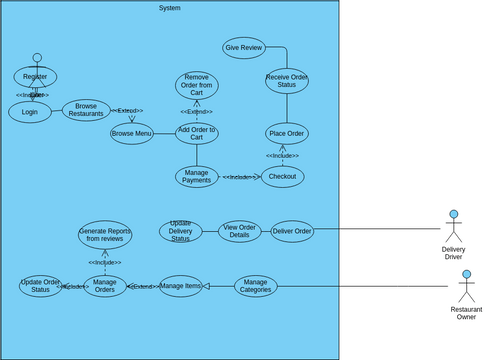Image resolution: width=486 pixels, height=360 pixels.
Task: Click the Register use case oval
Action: coord(35,77)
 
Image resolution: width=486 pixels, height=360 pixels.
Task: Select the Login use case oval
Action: coord(30,112)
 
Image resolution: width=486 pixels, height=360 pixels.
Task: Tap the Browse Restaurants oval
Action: coord(86,110)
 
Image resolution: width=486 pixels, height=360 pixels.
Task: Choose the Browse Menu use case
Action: coord(132,133)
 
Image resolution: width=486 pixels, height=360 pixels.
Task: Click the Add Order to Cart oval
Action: coord(197,133)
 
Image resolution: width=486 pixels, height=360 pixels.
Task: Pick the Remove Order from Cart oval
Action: coord(197,85)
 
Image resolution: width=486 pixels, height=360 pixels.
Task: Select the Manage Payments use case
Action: coord(197,177)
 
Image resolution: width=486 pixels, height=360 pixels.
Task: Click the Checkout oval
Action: coord(282,177)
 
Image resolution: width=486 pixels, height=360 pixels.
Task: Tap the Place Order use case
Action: coord(286,133)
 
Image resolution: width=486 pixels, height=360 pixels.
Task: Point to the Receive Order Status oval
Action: coord(287,81)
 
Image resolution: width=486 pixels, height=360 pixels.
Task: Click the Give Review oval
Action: coord(243,48)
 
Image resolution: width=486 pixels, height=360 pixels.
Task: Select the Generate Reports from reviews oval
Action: coord(105,235)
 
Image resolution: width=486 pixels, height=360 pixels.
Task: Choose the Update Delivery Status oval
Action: coord(181,231)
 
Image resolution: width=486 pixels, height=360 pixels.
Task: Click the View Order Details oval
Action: coord(239,231)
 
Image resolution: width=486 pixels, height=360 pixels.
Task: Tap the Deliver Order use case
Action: coord(292,231)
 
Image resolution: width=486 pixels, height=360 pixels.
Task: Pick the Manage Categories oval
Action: coord(256,286)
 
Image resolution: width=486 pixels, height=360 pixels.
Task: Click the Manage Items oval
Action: coord(181,286)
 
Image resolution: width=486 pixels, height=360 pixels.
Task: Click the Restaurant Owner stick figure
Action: coord(466,288)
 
